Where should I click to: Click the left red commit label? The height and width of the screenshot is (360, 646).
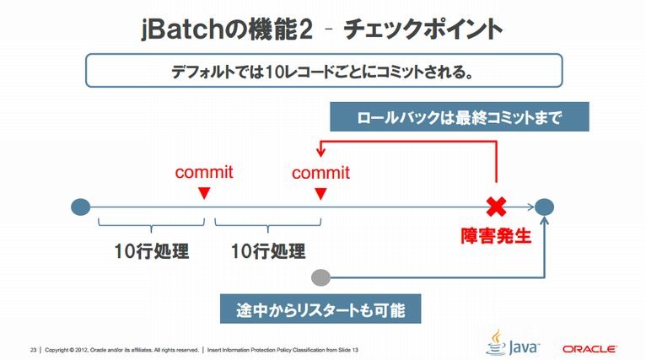(204, 172)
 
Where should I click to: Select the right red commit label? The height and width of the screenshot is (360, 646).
(321, 172)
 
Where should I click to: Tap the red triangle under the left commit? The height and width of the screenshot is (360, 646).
(204, 193)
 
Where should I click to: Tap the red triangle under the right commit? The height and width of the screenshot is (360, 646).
(321, 193)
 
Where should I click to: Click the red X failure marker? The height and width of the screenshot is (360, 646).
(497, 207)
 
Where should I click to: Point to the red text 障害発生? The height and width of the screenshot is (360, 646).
(496, 236)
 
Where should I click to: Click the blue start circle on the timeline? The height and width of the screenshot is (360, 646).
(81, 207)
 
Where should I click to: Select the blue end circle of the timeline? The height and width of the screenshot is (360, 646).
(544, 207)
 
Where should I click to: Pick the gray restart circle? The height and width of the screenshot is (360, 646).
(321, 277)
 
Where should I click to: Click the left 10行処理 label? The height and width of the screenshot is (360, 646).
(152, 251)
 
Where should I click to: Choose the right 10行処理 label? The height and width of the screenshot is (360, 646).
(268, 251)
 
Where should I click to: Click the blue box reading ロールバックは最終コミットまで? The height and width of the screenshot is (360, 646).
(460, 117)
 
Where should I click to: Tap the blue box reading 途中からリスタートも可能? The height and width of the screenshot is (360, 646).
(320, 309)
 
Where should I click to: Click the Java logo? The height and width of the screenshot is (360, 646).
(513, 342)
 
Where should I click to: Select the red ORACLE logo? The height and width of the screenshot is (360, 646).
(589, 349)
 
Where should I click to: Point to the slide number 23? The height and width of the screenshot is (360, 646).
(34, 350)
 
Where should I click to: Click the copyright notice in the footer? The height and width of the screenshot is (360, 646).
(122, 350)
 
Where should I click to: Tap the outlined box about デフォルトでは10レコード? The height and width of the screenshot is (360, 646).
(324, 71)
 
